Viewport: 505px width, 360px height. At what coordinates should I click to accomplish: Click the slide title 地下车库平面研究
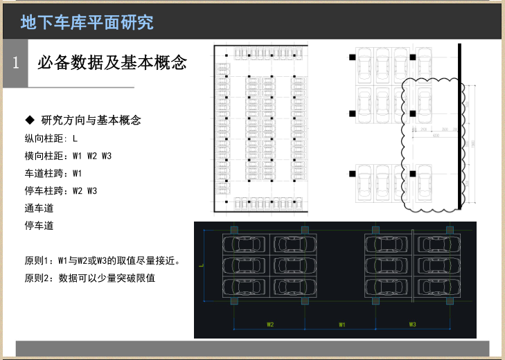tap(87, 22)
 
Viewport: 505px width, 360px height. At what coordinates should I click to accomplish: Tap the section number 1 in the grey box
tap(15, 63)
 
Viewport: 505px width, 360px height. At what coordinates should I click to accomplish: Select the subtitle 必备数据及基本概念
tap(112, 63)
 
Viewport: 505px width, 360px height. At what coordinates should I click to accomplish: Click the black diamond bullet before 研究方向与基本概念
tap(29, 120)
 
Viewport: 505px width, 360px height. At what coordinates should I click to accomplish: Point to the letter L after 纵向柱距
tap(75, 138)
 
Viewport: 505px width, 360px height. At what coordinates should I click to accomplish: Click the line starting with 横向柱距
tap(68, 156)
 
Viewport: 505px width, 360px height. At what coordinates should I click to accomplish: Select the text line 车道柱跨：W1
tap(53, 173)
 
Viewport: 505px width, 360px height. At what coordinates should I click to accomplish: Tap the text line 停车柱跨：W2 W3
tap(60, 190)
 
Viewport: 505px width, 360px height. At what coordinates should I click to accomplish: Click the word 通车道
tap(39, 208)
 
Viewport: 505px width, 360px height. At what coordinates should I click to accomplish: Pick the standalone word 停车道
tap(39, 225)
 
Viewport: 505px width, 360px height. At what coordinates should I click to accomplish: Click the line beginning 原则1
tap(103, 261)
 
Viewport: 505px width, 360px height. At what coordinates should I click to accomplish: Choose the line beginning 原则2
tap(89, 278)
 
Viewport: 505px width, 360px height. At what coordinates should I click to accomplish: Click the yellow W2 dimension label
tap(270, 324)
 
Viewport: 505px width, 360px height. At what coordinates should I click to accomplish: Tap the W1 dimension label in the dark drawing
tap(342, 324)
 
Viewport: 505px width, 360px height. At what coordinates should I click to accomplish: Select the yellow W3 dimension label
tap(411, 324)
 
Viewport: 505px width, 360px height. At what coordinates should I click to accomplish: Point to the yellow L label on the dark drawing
tap(200, 264)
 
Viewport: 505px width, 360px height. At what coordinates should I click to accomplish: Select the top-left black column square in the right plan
tap(353, 57)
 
